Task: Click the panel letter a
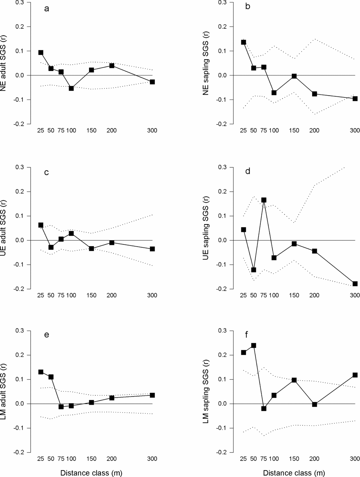click(46, 9)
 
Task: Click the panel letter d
click(248, 171)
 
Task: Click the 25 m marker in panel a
click(41, 52)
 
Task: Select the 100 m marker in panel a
click(71, 88)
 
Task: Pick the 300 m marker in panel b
click(355, 98)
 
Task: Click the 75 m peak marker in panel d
click(264, 200)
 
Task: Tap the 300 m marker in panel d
click(355, 284)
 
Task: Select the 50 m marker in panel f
click(254, 346)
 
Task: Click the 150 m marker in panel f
click(294, 380)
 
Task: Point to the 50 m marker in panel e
click(51, 377)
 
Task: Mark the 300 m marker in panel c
click(152, 249)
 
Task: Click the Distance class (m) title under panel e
click(91, 473)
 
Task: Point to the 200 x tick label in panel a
click(112, 131)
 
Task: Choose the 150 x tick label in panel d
click(294, 295)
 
